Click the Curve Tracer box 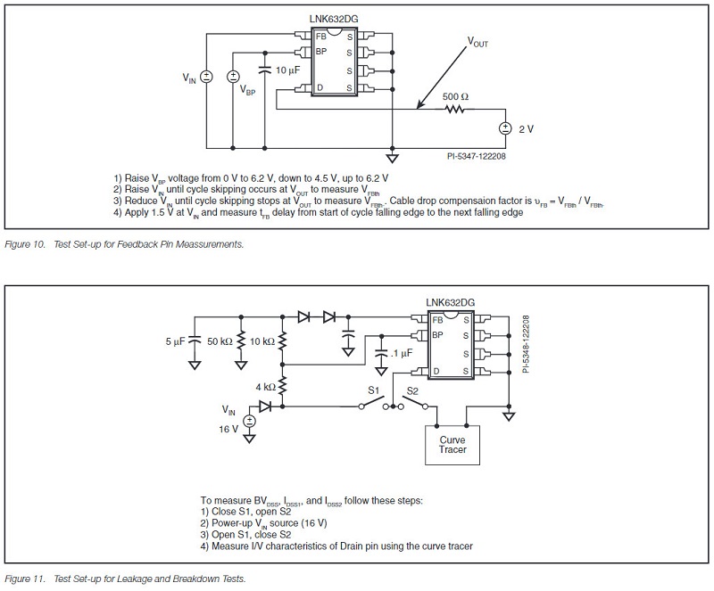452,444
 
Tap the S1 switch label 377,390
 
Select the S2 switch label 413,390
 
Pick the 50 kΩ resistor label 220,341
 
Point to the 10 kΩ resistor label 262,341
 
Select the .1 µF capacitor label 403,354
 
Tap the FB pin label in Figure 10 320,37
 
